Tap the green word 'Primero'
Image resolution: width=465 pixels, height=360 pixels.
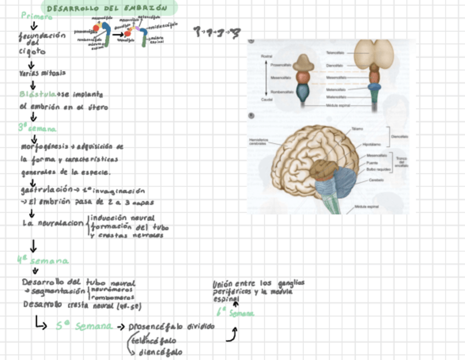37,16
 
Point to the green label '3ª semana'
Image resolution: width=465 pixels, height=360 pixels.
37,128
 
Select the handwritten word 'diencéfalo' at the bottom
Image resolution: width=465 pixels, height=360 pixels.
160,352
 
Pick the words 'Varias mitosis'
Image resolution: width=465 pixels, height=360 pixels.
42,72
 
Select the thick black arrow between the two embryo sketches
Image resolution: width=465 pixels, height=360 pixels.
117,34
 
